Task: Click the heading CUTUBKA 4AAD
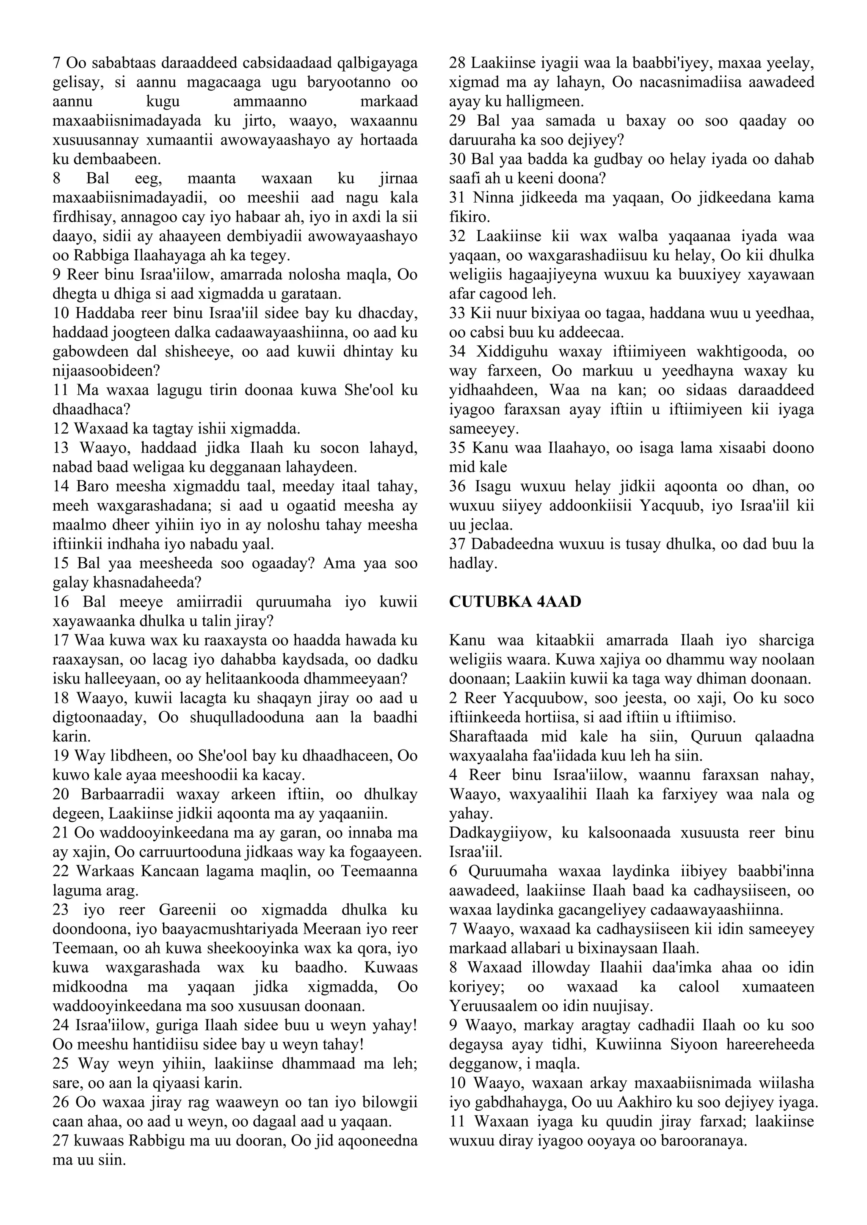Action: click(x=515, y=602)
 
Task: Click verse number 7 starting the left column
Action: click(x=57, y=63)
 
